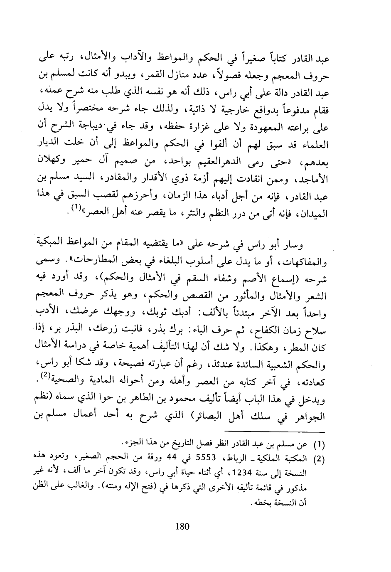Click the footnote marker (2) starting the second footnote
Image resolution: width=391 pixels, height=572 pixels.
tap(318, 459)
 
